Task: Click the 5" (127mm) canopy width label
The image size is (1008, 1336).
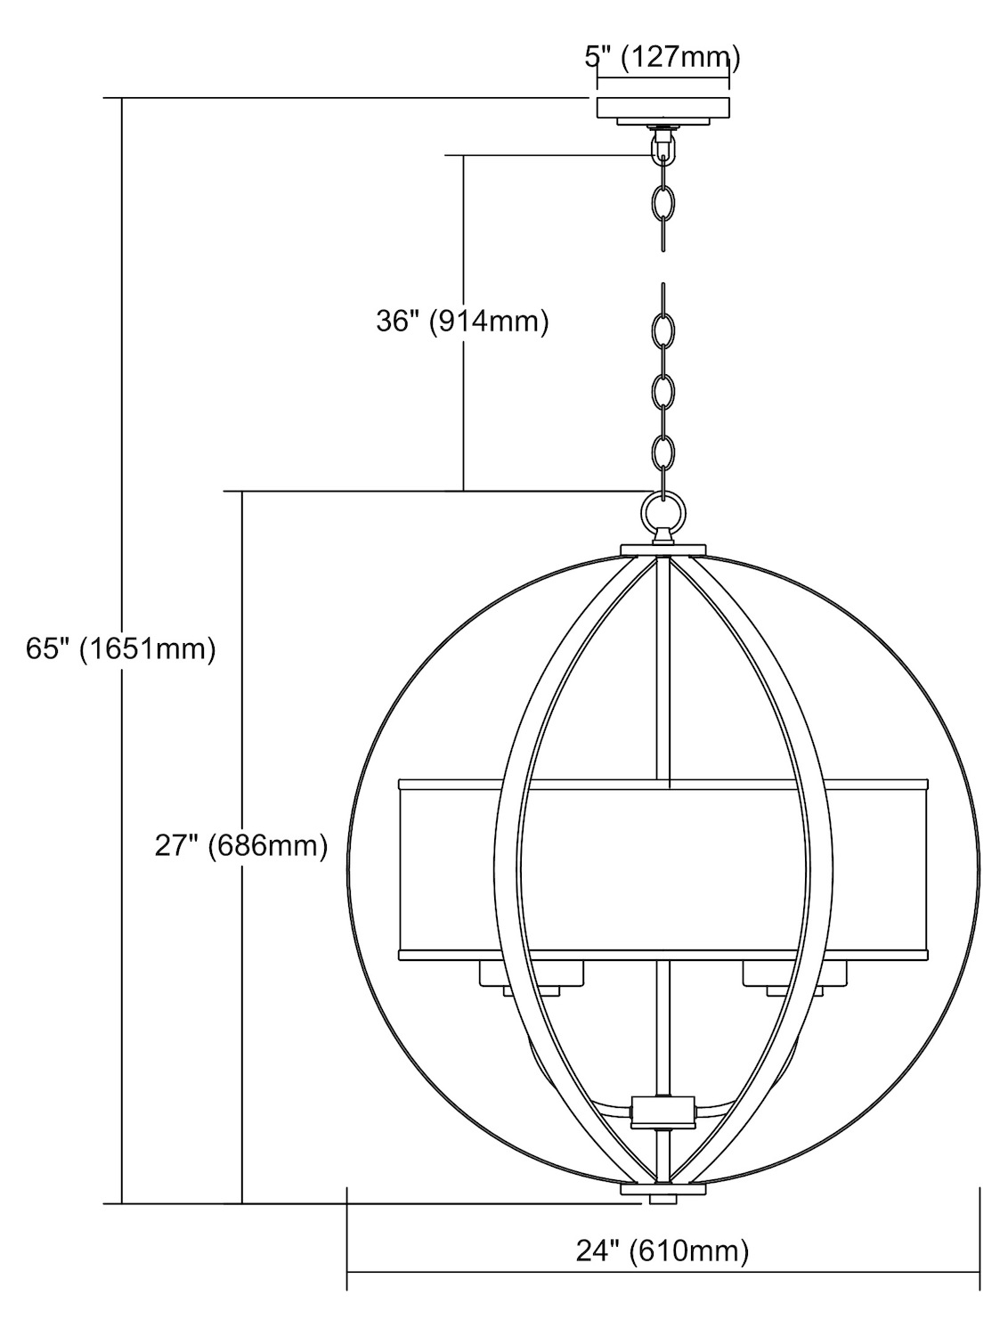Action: pyautogui.click(x=662, y=57)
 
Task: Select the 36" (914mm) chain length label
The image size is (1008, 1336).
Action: pyautogui.click(x=462, y=322)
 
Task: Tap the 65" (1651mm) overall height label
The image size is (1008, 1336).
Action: pyautogui.click(x=121, y=648)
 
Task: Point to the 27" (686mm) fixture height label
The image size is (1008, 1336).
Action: pyautogui.click(x=241, y=845)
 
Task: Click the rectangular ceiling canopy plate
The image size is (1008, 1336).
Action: pyautogui.click(x=663, y=108)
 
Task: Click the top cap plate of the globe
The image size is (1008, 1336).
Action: pyautogui.click(x=663, y=550)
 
